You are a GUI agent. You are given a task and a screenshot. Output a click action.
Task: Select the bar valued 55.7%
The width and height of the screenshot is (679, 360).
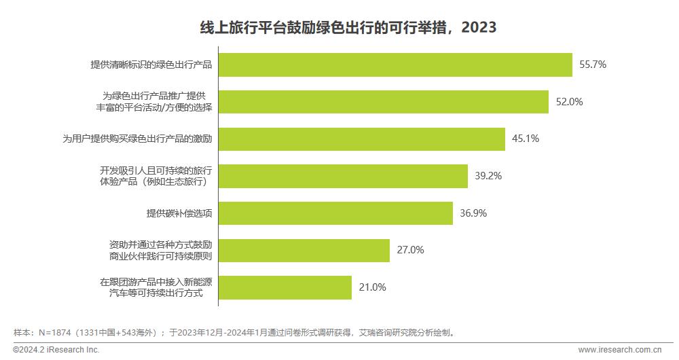click(394, 65)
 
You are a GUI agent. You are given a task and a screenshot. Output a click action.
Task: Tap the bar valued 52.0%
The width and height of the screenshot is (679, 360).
click(383, 102)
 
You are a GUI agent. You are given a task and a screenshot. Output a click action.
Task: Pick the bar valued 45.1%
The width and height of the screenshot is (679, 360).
click(361, 139)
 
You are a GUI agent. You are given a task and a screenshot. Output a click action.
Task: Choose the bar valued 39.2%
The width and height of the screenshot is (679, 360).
click(343, 175)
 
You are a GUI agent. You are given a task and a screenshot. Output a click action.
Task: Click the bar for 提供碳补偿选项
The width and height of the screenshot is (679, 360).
click(335, 213)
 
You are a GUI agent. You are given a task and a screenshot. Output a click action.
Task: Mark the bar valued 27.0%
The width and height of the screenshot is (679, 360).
click(304, 250)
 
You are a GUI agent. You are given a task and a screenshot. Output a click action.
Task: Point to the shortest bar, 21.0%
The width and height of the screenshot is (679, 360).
click(285, 287)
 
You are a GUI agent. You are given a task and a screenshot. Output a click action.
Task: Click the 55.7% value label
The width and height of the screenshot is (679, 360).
click(592, 65)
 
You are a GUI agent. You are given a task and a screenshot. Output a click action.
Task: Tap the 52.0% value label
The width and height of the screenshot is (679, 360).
click(570, 102)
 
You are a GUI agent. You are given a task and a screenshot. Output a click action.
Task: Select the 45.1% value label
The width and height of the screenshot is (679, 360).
click(526, 139)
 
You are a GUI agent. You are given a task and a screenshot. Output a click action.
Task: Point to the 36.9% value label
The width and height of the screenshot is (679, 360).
click(473, 213)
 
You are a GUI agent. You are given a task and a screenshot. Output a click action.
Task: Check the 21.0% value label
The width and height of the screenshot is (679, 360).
click(372, 287)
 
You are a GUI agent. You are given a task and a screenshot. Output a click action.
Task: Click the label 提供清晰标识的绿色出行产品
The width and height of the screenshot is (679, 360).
click(151, 65)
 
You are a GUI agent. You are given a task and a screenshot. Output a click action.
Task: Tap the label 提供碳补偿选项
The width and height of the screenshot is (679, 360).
click(179, 213)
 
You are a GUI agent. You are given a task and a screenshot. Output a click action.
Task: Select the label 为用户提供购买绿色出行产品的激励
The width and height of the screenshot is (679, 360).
click(137, 139)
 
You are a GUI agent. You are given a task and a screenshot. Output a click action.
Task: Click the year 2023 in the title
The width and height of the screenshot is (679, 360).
click(479, 28)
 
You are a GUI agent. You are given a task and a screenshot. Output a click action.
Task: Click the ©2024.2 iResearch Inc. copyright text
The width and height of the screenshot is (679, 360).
click(52, 350)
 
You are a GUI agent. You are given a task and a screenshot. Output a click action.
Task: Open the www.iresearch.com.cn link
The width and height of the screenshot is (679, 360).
click(619, 350)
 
